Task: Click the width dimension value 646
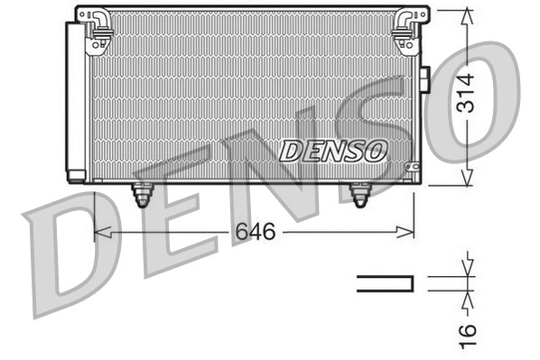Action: tap(255, 232)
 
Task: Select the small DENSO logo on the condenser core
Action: tap(333, 151)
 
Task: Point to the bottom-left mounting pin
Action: tap(142, 194)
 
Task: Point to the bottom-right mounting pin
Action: tap(359, 194)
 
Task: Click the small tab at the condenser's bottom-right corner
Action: tap(413, 168)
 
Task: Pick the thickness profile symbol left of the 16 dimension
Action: tap(385, 283)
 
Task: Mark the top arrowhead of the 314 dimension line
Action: tap(467, 14)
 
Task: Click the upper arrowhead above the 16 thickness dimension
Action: tap(467, 267)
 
